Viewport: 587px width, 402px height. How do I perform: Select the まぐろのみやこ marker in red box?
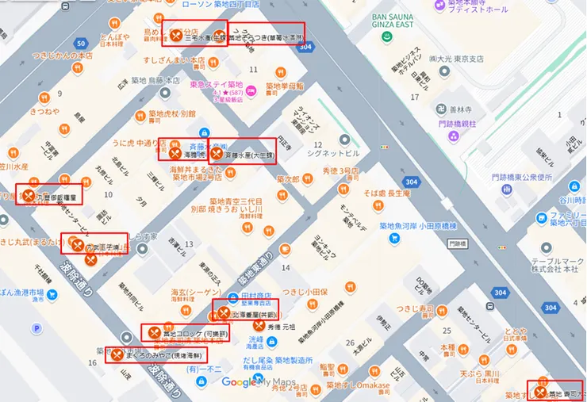118,355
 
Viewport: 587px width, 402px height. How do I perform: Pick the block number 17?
414,98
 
